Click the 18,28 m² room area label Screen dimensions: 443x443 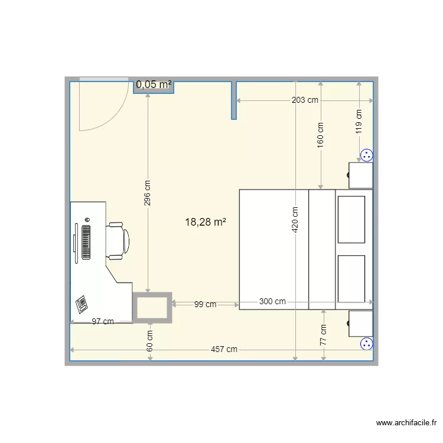206,222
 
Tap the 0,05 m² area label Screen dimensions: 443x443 154,84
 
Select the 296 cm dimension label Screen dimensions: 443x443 148,193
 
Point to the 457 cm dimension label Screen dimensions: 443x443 224,349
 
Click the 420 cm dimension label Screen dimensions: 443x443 295,219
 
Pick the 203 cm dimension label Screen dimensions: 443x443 305,100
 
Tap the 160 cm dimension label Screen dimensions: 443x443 321,134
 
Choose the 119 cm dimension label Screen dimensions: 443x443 359,122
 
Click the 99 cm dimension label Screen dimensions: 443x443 205,305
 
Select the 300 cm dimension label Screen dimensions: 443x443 272,301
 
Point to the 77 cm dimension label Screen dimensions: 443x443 324,335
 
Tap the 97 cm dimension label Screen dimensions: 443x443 103,321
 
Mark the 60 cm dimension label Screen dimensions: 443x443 150,340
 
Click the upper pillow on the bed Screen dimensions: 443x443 351,220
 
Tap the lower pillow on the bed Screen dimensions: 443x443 351,278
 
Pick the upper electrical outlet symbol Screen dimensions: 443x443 366,155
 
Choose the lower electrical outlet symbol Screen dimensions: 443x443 366,343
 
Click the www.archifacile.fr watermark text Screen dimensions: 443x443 406,423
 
